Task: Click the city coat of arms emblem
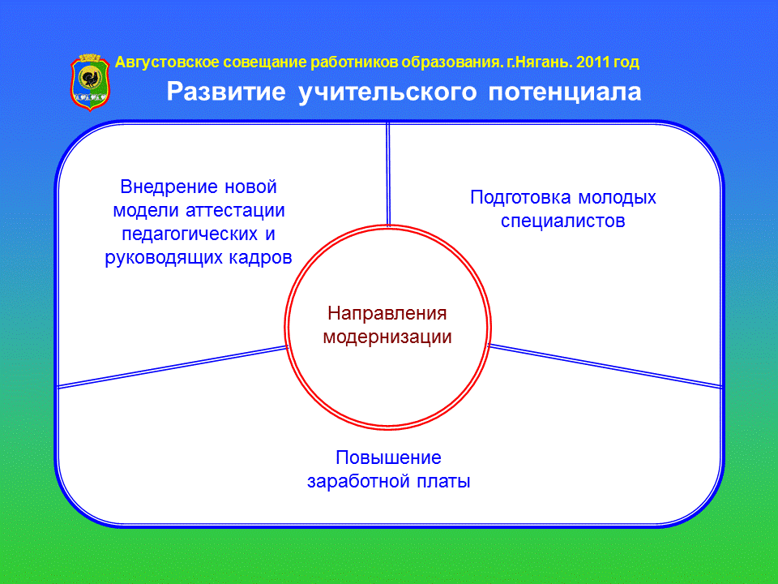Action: click(x=90, y=83)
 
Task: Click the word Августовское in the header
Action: click(x=167, y=62)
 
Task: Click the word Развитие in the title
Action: click(x=226, y=92)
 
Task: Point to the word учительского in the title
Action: click(x=387, y=92)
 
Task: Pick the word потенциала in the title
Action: click(x=565, y=92)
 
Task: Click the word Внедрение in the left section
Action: click(x=169, y=187)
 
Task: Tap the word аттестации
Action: click(x=235, y=211)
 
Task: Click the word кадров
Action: click(x=260, y=258)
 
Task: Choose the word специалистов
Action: click(x=562, y=221)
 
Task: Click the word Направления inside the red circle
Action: click(x=387, y=313)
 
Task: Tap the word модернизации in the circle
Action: click(x=387, y=337)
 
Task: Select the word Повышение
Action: click(x=388, y=457)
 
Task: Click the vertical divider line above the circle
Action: click(x=388, y=174)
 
